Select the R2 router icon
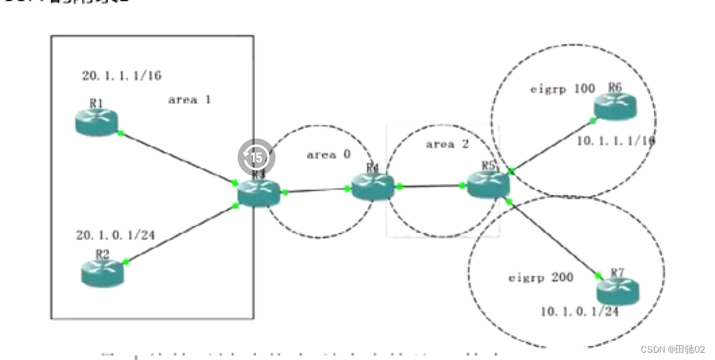pyautogui.click(x=103, y=271)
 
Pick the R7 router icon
pyautogui.click(x=617, y=291)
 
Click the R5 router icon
pyautogui.click(x=488, y=183)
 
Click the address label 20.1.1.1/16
pyautogui.click(x=121, y=76)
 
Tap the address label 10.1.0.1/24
pyautogui.click(x=580, y=311)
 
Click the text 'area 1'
pyautogui.click(x=189, y=100)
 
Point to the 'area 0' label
pyautogui.click(x=328, y=154)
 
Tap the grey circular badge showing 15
pyautogui.click(x=256, y=157)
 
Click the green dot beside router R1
pyautogui.click(x=121, y=133)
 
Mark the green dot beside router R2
pyautogui.click(x=126, y=262)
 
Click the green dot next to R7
pyautogui.click(x=598, y=274)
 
